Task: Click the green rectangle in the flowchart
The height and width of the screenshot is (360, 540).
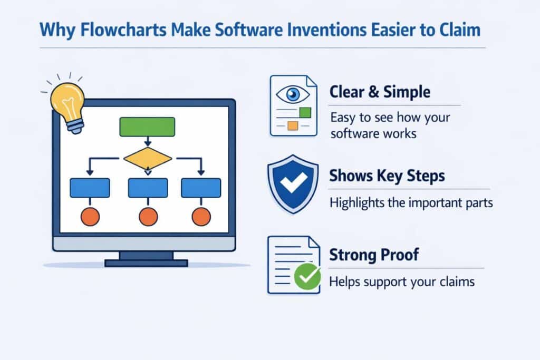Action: click(147, 127)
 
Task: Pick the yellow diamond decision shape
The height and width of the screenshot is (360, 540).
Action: click(148, 158)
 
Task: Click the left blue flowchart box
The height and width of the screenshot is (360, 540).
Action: click(90, 188)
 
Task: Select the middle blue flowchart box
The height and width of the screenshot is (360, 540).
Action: click(148, 188)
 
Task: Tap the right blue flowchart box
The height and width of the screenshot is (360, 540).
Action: click(201, 188)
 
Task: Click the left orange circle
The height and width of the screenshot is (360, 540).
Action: click(90, 217)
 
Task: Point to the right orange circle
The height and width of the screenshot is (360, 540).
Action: click(201, 217)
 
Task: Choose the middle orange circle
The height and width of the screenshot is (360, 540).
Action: click(148, 217)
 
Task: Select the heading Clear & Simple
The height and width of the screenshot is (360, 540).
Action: click(380, 92)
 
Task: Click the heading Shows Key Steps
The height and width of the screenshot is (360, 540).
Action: click(387, 176)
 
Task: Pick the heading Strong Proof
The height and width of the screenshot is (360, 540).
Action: click(374, 255)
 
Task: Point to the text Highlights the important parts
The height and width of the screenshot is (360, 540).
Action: click(411, 202)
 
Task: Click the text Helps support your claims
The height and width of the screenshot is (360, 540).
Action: click(402, 282)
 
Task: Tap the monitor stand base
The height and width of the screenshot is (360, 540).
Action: click(146, 262)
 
